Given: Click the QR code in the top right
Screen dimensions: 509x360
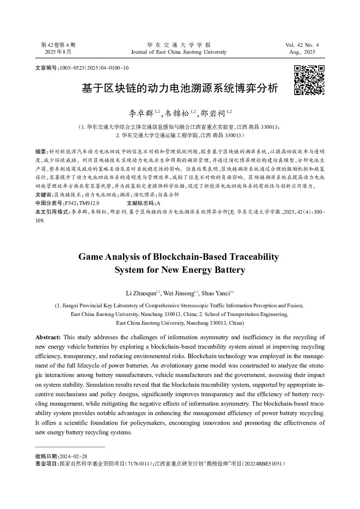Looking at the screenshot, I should pyautogui.click(x=309, y=80).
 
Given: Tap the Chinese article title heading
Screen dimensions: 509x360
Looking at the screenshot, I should pyautogui.click(x=180, y=88).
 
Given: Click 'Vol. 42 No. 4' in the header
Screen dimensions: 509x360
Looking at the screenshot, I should pyautogui.click(x=302, y=45).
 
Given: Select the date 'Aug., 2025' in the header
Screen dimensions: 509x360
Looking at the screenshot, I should pyautogui.click(x=302, y=52).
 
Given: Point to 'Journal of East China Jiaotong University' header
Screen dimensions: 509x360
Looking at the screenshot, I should pyautogui.click(x=179, y=52).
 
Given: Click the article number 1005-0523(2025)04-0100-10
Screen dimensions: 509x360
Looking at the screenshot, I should pyautogui.click(x=94, y=68).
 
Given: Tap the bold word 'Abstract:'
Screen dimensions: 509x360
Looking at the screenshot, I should pyautogui.click(x=48, y=337).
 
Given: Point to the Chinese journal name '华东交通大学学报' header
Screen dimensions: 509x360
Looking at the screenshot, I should pyautogui.click(x=179, y=45).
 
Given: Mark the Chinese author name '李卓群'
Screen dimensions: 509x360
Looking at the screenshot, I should pyautogui.click(x=141, y=114).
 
